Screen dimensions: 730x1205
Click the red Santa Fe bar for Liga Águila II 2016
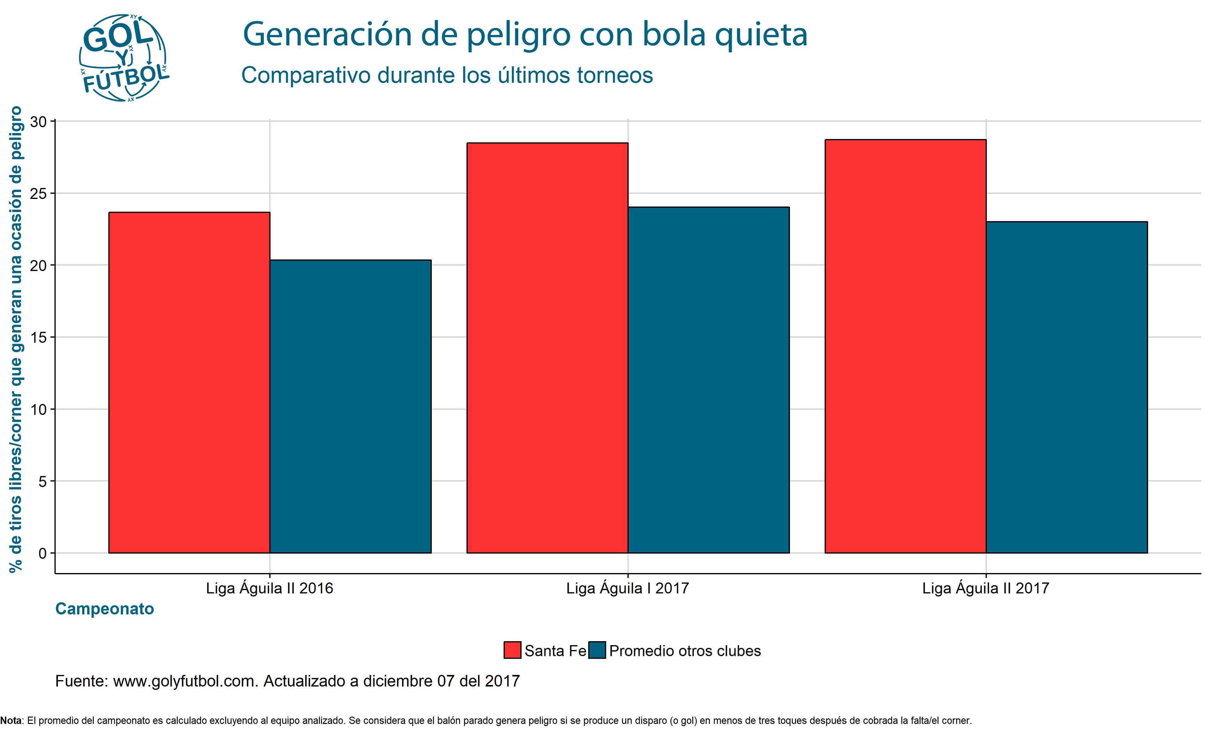189,382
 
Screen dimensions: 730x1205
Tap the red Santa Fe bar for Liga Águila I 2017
547,348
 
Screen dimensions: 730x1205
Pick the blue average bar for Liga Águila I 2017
709,380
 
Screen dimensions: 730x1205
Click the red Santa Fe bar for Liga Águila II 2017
905,346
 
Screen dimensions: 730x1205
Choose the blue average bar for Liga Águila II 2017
1067,387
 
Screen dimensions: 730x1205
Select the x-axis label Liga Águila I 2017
627,588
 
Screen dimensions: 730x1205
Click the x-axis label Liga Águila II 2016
270,588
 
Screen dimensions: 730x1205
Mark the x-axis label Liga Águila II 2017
985,588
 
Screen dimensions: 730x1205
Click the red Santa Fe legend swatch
512,650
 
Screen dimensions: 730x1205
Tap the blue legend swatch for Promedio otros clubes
597,650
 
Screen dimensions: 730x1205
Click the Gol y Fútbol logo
124,58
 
